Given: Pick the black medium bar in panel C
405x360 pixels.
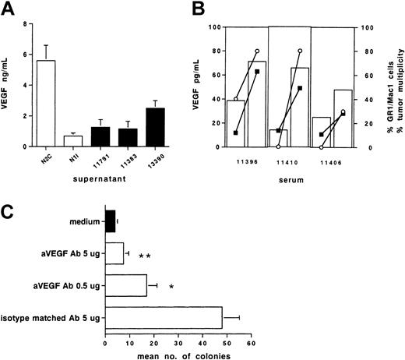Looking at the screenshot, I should coord(111,222).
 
